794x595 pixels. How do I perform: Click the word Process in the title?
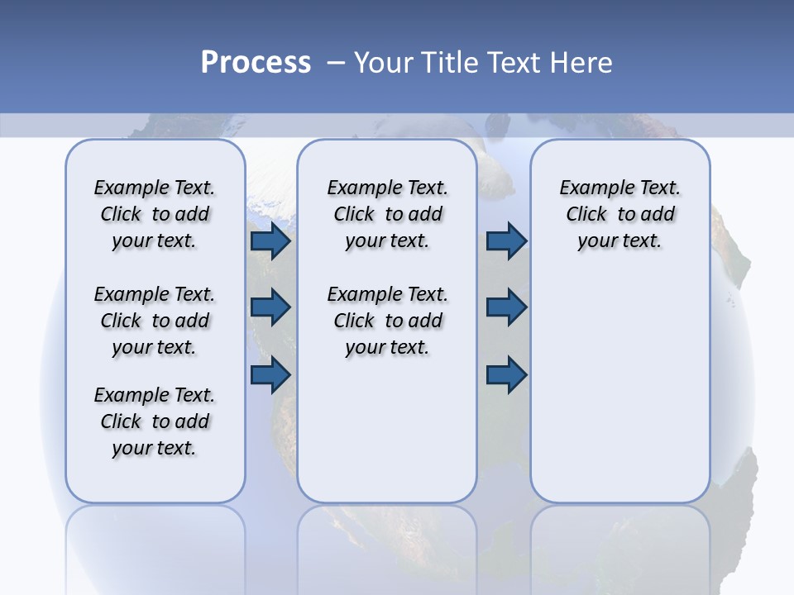256,63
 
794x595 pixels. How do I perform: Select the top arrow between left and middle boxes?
270,241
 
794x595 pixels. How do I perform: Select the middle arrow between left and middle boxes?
270,307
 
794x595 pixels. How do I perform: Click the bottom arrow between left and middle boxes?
270,374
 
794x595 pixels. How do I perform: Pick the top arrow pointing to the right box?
506,241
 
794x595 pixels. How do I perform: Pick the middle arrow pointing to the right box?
506,307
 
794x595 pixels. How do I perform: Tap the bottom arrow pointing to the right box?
506,374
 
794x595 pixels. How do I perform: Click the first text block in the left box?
155,214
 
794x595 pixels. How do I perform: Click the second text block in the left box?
155,321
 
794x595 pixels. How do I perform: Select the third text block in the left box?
155,421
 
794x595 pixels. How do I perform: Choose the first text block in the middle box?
387,214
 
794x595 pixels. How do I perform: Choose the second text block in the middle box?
387,321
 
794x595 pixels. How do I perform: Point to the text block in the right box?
619,214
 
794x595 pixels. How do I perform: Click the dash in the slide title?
336,63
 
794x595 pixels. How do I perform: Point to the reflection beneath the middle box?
387,545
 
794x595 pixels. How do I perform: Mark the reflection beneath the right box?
619,545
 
